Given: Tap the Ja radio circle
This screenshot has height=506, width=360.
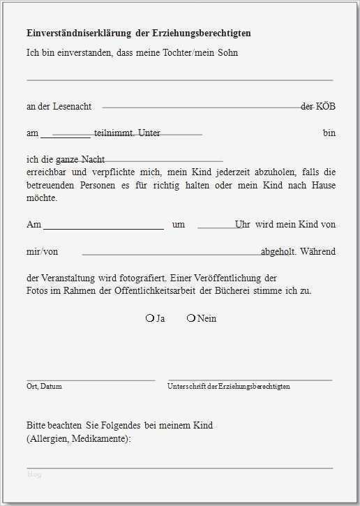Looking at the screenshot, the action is click(x=149, y=318).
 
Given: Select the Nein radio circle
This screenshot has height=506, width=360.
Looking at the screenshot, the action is click(x=191, y=318).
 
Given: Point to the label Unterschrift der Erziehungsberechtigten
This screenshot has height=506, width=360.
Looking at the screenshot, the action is click(x=229, y=386).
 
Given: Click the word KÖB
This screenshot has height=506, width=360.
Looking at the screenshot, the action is click(x=325, y=106).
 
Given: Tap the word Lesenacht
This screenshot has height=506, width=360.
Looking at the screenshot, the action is click(x=73, y=106).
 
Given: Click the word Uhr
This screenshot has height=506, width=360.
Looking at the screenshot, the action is click(x=243, y=225).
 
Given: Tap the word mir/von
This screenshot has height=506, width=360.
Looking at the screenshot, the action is click(x=42, y=251).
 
